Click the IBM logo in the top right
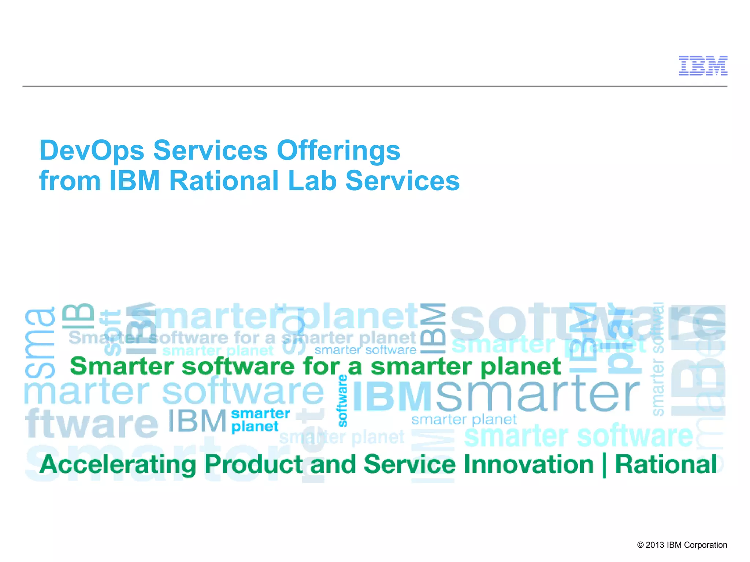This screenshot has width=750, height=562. click(703, 66)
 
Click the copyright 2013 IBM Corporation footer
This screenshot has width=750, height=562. click(682, 545)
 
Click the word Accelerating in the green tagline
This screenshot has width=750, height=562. click(118, 465)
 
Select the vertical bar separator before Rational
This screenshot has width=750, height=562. click(604, 465)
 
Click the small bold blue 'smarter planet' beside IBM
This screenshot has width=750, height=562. click(260, 420)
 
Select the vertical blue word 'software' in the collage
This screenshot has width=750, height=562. click(343, 401)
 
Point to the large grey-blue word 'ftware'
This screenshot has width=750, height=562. click(92, 423)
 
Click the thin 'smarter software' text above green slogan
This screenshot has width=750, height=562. click(365, 350)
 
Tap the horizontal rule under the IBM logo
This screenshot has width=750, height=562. click(375, 86)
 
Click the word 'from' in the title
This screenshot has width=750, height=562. click(70, 181)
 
